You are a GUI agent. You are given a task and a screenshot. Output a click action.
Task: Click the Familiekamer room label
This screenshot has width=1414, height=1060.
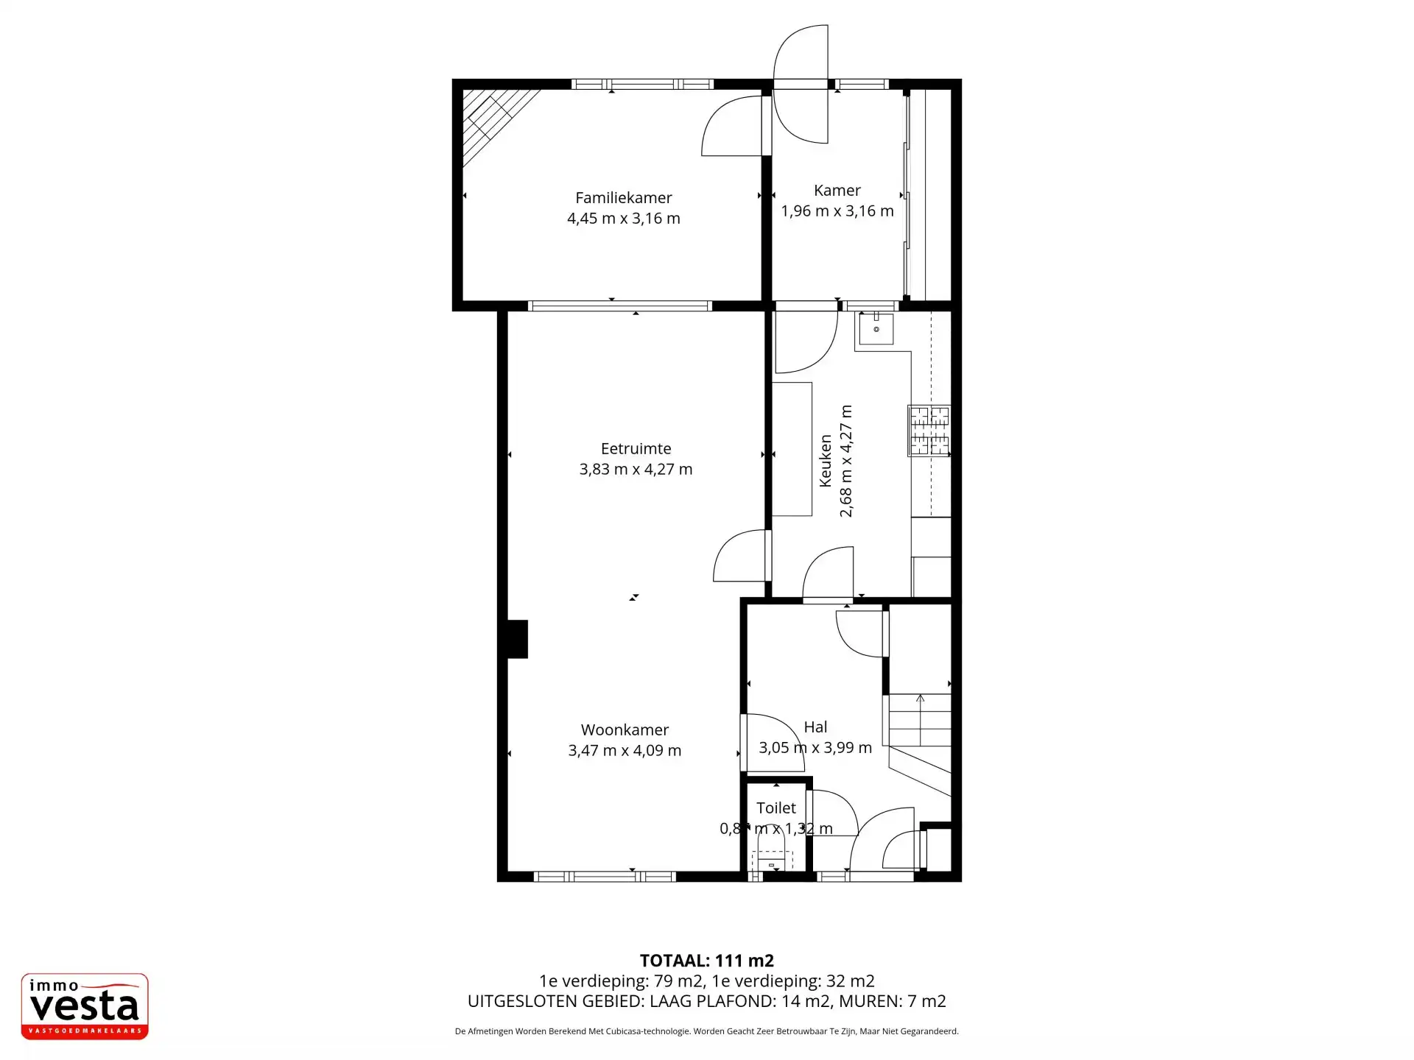click(623, 197)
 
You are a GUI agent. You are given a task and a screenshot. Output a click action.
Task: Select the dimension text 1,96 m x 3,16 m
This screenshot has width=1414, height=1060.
click(837, 211)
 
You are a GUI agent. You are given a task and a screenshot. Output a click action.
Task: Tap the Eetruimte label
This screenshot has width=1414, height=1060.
click(636, 448)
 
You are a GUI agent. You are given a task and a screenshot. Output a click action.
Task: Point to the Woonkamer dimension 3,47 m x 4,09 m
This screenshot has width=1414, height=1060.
click(625, 751)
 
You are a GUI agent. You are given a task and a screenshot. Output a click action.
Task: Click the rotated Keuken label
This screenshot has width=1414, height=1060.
click(825, 461)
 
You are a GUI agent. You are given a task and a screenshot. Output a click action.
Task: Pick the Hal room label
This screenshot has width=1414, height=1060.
click(815, 727)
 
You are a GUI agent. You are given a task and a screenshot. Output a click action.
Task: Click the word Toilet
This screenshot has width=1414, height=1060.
click(776, 808)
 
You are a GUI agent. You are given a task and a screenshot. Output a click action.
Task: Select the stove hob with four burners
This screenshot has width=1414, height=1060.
click(929, 431)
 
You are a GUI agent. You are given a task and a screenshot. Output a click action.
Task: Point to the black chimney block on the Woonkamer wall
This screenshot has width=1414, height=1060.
click(518, 639)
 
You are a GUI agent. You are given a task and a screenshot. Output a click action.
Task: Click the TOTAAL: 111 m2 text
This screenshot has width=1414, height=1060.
click(706, 961)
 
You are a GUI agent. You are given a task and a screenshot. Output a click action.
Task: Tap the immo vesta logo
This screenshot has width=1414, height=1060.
click(85, 1006)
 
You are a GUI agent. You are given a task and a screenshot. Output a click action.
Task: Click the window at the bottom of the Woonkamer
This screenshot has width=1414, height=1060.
click(604, 876)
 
